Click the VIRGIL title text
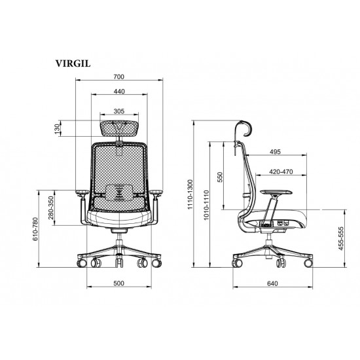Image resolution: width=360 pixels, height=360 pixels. [73, 63]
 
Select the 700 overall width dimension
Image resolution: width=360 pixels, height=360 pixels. [118, 77]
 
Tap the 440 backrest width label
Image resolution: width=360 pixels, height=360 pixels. [119, 92]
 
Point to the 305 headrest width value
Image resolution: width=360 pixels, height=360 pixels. [119, 111]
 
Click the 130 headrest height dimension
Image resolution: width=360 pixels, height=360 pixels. [58, 129]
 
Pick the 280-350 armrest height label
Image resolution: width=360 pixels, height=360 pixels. [51, 207]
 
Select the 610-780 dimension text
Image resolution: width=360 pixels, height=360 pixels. [35, 229]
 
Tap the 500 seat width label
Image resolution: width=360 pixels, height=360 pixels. [118, 283]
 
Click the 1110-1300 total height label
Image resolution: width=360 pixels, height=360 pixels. [190, 194]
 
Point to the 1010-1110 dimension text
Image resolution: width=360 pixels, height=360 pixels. [206, 205]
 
